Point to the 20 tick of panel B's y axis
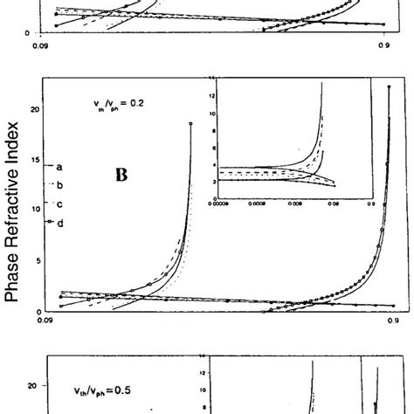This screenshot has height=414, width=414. [35, 109]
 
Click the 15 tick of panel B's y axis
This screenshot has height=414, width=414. [35, 160]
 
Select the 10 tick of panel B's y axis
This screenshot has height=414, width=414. [35, 210]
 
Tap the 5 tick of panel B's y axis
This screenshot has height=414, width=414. [35, 260]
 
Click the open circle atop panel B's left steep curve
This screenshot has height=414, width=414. [190, 125]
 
